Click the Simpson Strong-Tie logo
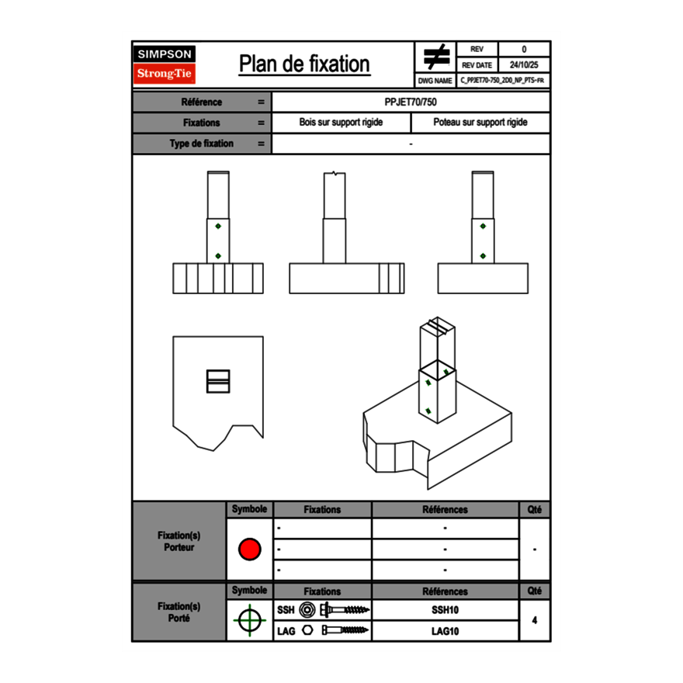(x=165, y=64)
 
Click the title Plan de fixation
(x=304, y=64)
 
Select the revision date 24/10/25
(x=524, y=65)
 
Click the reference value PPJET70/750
(x=411, y=102)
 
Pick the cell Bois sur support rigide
(x=341, y=123)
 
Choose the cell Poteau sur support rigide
(x=480, y=123)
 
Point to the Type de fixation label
(x=202, y=144)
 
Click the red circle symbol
(x=249, y=549)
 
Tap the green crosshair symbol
(x=249, y=620)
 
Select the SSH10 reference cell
(x=446, y=610)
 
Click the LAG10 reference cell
(x=446, y=631)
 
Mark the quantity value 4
(x=534, y=620)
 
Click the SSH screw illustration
(x=345, y=610)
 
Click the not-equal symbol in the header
(x=436, y=57)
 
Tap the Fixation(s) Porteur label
(x=179, y=541)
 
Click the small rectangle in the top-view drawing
(x=218, y=380)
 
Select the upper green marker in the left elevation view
(x=218, y=226)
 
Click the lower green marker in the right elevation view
(x=483, y=256)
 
